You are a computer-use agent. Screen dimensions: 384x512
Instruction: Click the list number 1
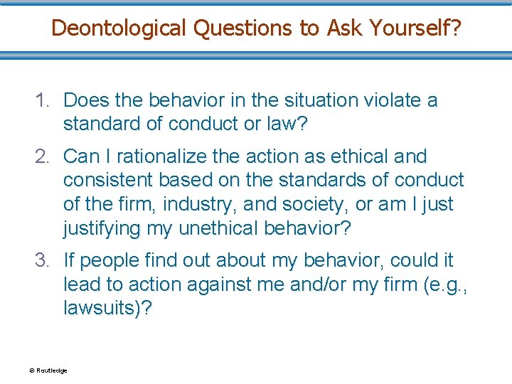tap(43, 100)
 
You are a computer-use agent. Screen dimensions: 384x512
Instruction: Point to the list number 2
tap(43, 156)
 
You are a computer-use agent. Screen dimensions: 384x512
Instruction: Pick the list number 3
tap(43, 260)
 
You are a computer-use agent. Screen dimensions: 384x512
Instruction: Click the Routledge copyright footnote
tap(48, 370)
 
